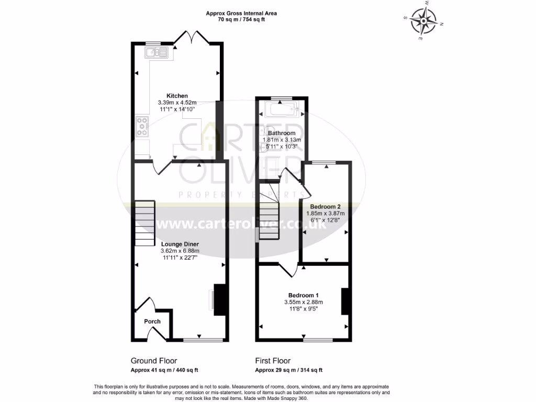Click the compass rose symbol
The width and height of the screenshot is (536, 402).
coord(423,20)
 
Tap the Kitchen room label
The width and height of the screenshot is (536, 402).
coord(177,96)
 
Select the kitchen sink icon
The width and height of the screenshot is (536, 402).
coord(158,52)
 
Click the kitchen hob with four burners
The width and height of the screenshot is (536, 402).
coord(142,127)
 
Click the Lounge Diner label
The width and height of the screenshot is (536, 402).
coord(180,244)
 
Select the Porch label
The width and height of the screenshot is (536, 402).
coord(152,321)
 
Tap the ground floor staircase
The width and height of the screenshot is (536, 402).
coord(144,223)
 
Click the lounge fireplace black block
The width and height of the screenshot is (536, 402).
coord(220,300)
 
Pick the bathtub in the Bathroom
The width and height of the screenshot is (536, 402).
coord(282,110)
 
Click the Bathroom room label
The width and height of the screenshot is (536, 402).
coord(282,133)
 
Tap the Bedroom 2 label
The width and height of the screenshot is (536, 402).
coord(326,206)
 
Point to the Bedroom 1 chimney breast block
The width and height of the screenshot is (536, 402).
coord(345,301)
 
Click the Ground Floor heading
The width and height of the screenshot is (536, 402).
coord(153,361)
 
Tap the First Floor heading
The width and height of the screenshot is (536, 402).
coord(273,361)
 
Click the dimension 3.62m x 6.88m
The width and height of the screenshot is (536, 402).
coord(180,251)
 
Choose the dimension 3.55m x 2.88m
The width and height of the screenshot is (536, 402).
coord(303,302)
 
